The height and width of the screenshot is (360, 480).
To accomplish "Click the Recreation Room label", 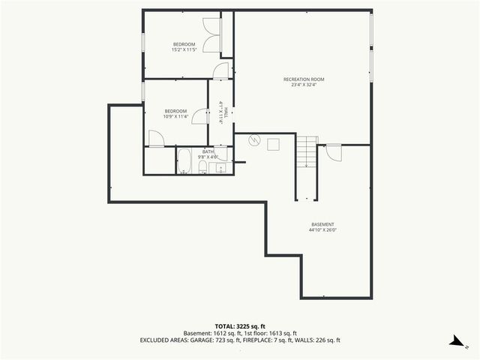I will click(x=304, y=79).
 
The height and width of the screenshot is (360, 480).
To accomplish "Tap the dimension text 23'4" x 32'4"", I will click(x=304, y=85).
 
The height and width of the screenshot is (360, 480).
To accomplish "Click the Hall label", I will click(x=223, y=112).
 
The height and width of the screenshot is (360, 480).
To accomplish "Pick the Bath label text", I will click(x=208, y=152).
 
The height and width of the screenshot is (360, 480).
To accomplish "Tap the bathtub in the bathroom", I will click(x=184, y=161).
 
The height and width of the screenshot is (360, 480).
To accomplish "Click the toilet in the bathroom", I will click(x=202, y=166).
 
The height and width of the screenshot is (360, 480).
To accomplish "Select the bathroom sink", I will click(x=220, y=167).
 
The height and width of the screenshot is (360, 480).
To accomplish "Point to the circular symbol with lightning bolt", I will click(x=253, y=140).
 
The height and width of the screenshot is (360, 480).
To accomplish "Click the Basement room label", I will click(x=322, y=225).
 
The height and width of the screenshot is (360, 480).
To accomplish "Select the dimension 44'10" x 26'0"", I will click(x=322, y=231).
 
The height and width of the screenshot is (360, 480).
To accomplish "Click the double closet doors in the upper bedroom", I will click(x=220, y=36).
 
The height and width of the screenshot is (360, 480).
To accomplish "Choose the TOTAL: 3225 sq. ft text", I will click(x=240, y=326).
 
